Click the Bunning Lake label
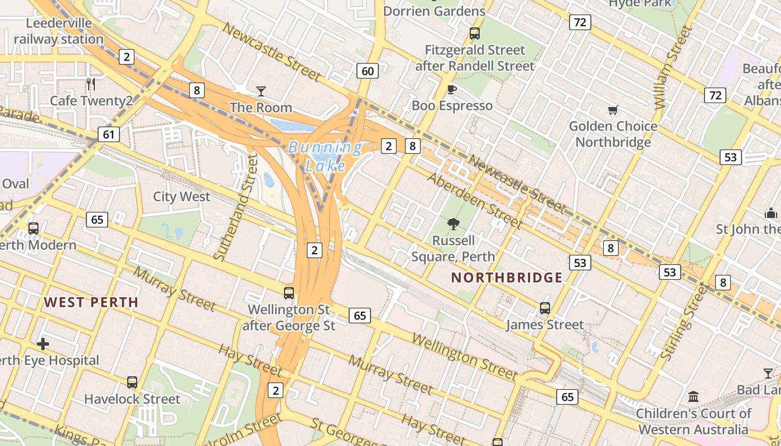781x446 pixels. point(325,156)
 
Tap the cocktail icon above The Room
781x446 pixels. point(261,91)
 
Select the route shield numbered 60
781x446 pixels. point(367,71)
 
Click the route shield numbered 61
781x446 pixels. point(108,134)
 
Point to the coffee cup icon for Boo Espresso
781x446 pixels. point(452,89)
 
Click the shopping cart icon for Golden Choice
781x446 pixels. point(613,110)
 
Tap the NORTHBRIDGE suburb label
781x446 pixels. point(507,277)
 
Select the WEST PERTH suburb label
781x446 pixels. point(91,302)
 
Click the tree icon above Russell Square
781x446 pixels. point(453,224)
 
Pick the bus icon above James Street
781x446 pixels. point(544,308)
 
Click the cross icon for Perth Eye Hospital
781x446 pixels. point(42,343)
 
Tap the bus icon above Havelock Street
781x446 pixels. point(132,382)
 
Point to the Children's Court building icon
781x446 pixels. point(693,396)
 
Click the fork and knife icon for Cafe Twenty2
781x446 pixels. point(91,84)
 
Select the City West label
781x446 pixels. point(181,196)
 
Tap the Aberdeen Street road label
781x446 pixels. point(475,201)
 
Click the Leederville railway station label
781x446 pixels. point(59,31)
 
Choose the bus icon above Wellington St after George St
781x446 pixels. point(288,293)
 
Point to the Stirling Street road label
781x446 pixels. point(683,321)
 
